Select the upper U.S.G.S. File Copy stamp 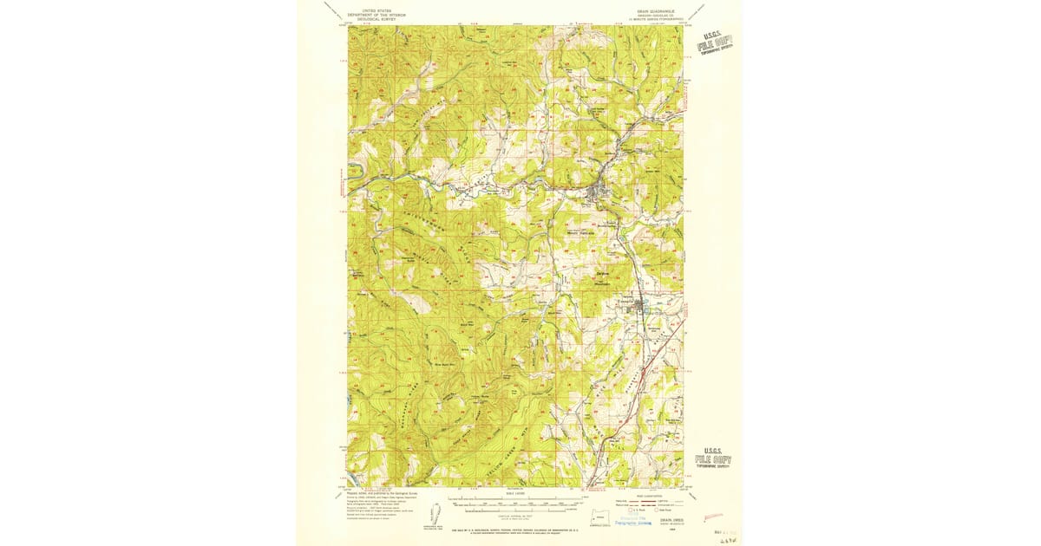714,42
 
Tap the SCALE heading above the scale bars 514,494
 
